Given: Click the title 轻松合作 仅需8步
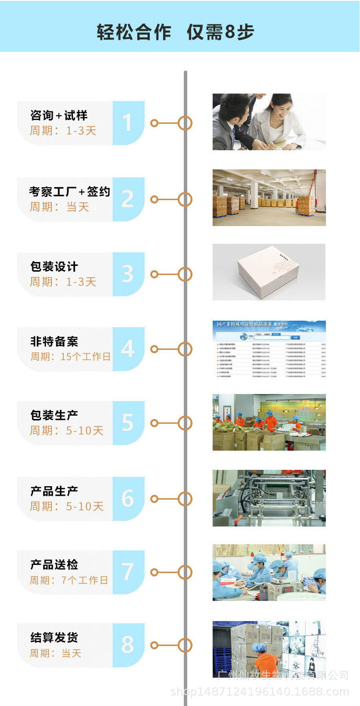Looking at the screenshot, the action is click(x=175, y=32).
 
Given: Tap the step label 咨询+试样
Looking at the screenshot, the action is click(x=59, y=116).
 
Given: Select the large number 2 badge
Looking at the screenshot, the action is click(x=128, y=199).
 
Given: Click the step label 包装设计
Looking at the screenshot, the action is click(x=54, y=267).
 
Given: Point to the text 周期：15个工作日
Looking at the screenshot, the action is click(x=70, y=357).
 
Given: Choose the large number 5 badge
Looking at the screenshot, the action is click(x=128, y=423).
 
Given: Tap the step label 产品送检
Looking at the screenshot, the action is click(x=54, y=565).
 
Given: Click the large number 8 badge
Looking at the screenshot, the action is click(x=128, y=645).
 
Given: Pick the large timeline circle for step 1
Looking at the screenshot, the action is click(x=185, y=123).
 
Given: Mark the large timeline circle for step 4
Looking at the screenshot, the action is click(x=185, y=349).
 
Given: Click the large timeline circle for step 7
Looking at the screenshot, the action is click(x=185, y=572).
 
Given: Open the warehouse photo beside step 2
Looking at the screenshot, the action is click(x=269, y=197).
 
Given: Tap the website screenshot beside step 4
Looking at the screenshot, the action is click(x=269, y=349).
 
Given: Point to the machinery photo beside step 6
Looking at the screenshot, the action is click(x=269, y=498).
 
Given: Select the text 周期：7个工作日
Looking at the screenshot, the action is click(x=69, y=580).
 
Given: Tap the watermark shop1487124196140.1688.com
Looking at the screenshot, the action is click(x=260, y=692).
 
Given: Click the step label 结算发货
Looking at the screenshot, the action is click(x=54, y=638).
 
